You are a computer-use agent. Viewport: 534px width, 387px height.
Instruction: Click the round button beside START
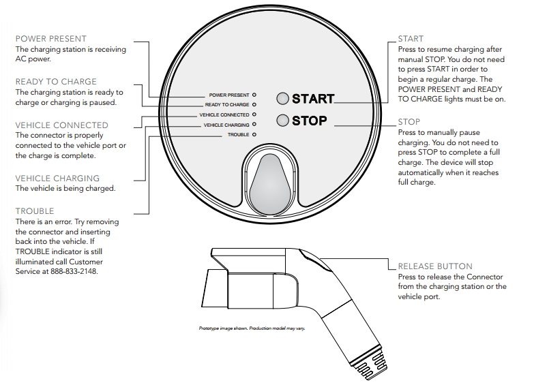(x=282, y=98)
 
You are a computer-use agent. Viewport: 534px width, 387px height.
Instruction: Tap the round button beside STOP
(x=282, y=121)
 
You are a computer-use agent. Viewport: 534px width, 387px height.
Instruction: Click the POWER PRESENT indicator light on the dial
(x=254, y=95)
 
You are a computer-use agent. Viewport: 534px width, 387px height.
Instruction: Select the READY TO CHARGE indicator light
(x=254, y=105)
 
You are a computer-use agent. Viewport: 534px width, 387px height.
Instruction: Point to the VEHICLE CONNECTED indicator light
(x=254, y=115)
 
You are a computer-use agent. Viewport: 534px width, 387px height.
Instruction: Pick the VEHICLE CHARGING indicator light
(x=254, y=125)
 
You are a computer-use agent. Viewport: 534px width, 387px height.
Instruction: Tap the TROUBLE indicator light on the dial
(x=254, y=136)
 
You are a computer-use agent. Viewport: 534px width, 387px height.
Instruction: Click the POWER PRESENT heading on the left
(x=50, y=39)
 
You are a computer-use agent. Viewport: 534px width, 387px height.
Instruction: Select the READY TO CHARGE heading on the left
(x=56, y=82)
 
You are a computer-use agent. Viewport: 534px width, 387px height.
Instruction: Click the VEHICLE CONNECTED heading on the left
(x=61, y=125)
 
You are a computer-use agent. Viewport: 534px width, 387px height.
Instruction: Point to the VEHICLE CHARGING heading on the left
(x=57, y=179)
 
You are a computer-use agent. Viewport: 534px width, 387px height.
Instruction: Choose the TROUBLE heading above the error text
(x=34, y=211)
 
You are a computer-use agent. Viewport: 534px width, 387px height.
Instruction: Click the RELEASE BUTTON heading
(x=434, y=266)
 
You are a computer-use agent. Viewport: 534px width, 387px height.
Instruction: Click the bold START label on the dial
(x=313, y=99)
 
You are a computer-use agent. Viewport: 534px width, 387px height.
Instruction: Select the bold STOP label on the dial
(x=310, y=121)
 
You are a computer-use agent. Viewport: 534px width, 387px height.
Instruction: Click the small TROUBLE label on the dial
(x=238, y=136)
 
